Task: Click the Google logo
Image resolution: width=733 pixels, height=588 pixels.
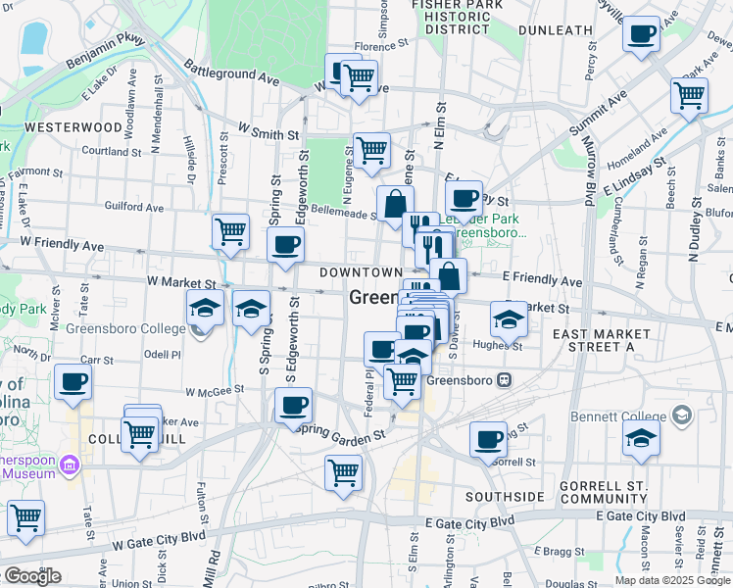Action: [x=31, y=576]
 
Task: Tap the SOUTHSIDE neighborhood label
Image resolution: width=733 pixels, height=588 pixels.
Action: [x=504, y=497]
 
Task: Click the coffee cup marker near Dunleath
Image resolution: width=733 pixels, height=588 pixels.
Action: [x=641, y=35]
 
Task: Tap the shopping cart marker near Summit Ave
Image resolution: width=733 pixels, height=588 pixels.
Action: [x=690, y=96]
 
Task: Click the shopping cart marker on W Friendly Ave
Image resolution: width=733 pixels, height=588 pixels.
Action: [x=231, y=233]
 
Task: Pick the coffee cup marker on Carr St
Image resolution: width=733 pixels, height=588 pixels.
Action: [x=73, y=382]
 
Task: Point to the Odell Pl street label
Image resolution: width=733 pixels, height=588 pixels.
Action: [x=163, y=354]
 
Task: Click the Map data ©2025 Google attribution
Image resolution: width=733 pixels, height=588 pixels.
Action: [x=671, y=580]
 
